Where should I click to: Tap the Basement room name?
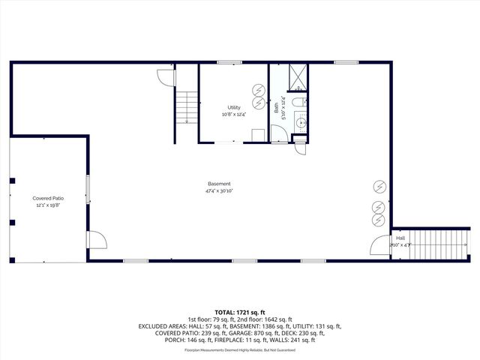pos(219,184)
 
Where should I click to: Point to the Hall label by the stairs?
pos(400,238)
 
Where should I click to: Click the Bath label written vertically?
pos(276,108)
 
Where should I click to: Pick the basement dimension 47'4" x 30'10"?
pos(219,191)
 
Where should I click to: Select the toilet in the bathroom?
pos(298,102)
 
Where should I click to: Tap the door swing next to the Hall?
pos(381,246)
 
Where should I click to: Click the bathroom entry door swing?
pos(278,134)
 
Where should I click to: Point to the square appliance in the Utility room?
pos(257,134)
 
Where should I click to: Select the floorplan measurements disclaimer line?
pos(239,349)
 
